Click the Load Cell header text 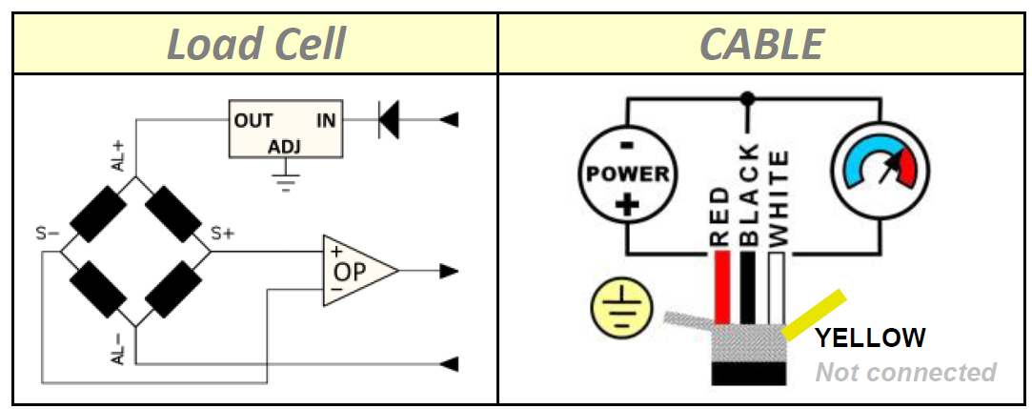[x=255, y=44]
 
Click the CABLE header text [x=761, y=44]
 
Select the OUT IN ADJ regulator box [x=284, y=131]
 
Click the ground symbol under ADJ [x=284, y=181]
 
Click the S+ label [x=222, y=234]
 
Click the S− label [x=49, y=234]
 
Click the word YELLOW [x=869, y=337]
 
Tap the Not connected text [x=905, y=372]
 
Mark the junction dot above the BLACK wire [x=748, y=98]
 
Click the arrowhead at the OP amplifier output [x=449, y=271]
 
